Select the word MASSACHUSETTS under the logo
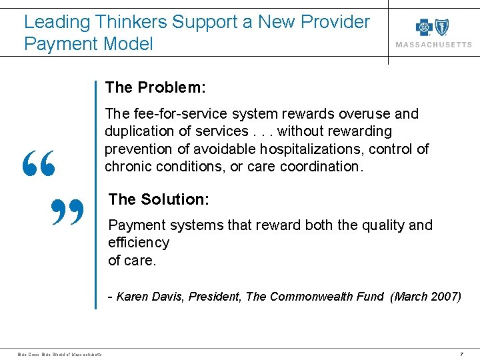(x=433, y=45)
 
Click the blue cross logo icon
(x=424, y=27)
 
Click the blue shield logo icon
(x=441, y=27)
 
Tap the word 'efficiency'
(x=139, y=243)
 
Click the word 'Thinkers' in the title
(x=130, y=22)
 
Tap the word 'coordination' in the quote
(x=321, y=166)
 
